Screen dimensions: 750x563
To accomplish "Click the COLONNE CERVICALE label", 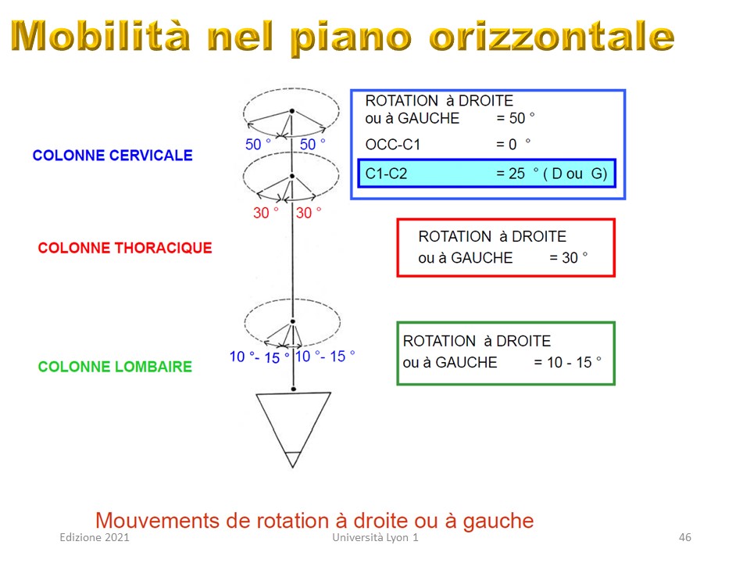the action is pyautogui.click(x=112, y=155).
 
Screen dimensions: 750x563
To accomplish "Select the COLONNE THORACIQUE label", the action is pyautogui.click(x=125, y=248).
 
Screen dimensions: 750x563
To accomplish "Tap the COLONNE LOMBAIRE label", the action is pyautogui.click(x=115, y=367).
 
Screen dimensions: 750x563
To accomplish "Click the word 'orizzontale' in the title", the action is pyautogui.click(x=552, y=36).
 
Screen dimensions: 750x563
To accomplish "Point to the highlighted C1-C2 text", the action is pyautogui.click(x=386, y=174).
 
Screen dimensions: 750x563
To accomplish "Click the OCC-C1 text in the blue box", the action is pyautogui.click(x=393, y=144).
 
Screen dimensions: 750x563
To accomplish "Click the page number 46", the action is pyautogui.click(x=685, y=537).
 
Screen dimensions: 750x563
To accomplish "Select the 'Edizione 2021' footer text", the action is pyautogui.click(x=95, y=537).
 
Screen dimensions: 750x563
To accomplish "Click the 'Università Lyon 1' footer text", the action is pyautogui.click(x=376, y=537).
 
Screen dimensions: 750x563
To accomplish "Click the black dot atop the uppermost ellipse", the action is pyautogui.click(x=291, y=111).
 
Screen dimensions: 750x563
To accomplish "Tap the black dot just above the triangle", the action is pyautogui.click(x=293, y=389).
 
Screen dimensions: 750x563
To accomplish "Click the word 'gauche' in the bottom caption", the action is pyautogui.click(x=498, y=522).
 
